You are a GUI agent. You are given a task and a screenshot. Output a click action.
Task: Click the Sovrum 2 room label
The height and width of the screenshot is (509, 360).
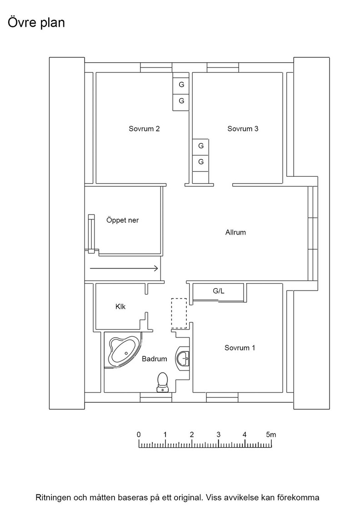coord(144,129)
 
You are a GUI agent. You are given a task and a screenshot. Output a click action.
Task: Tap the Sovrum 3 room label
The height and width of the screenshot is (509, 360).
coord(243,129)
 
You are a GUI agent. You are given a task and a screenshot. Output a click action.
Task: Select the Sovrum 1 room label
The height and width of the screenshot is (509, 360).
coord(240,348)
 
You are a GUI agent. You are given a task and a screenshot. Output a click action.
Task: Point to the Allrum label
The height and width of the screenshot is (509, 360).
coord(235,232)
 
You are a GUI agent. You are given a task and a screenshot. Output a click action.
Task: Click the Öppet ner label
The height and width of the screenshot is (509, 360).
coord(122,220)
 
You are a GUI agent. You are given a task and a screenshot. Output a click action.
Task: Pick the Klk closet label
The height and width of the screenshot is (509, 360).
coord(120,306)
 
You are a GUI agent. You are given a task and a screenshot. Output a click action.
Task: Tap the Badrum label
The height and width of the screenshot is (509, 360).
coord(155,359)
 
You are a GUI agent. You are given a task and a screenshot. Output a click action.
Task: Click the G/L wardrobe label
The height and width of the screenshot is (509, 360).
coord(219,291)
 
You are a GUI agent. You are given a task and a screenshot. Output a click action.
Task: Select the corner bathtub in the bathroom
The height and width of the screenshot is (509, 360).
coord(123,351)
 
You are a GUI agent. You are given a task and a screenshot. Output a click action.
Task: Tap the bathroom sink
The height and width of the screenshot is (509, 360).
coord(183,358)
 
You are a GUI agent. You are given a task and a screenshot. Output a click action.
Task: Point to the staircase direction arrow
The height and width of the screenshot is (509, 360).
coord(124,269)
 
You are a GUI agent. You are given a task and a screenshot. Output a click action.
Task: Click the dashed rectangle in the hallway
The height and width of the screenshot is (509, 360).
coord(179,313)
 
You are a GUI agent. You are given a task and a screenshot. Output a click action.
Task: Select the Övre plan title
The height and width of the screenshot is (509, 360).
coord(36,23)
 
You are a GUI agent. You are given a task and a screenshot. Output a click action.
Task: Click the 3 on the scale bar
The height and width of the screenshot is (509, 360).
coord(219,434)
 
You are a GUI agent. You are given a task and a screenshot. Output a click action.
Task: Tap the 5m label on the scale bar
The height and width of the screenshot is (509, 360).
coord(271,434)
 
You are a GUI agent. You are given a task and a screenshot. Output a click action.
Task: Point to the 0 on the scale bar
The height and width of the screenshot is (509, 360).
coord(139,434)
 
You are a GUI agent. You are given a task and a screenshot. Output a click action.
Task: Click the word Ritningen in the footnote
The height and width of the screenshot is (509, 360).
coord(53,498)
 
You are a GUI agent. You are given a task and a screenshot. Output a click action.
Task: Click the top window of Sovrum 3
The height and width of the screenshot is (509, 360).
coord(223,67)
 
